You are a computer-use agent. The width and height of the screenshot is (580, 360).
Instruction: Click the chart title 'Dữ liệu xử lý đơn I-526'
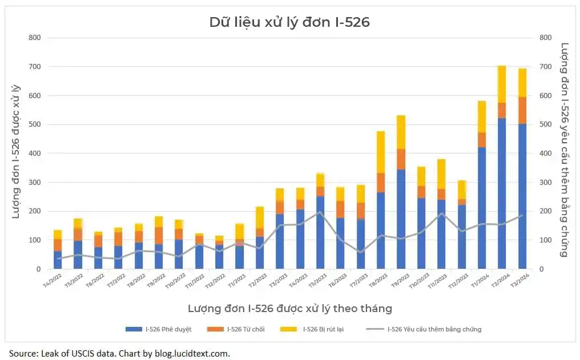click(289, 22)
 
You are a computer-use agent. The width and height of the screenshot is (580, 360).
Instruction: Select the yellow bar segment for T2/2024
click(502, 84)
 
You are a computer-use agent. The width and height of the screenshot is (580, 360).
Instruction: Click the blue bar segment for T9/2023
click(401, 233)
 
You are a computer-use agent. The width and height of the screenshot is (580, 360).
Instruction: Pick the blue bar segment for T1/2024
click(482, 208)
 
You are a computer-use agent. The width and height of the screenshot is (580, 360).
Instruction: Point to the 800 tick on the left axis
click(34, 38)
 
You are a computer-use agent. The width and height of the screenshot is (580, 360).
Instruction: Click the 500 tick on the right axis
click(545, 124)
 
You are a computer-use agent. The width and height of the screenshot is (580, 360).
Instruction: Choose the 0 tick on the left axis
click(38, 269)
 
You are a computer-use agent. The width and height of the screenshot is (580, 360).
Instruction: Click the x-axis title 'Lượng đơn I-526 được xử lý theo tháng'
click(289, 309)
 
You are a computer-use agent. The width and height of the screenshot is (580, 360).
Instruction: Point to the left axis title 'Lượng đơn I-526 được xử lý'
click(17, 151)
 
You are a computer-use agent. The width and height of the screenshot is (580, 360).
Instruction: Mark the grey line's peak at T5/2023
click(320, 212)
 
